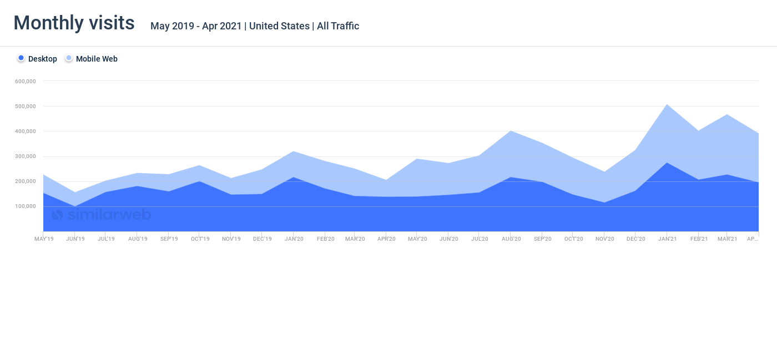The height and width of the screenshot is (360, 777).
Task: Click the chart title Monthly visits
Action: [x=74, y=23]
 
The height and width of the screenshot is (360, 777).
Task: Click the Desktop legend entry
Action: [x=37, y=59]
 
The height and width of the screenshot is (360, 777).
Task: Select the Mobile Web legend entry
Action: [x=91, y=59]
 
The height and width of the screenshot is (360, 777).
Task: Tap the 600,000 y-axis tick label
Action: [x=26, y=82]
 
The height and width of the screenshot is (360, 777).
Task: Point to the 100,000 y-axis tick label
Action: [x=26, y=206]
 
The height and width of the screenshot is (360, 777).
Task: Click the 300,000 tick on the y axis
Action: [x=26, y=156]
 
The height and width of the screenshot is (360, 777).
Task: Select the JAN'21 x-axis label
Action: [x=667, y=239]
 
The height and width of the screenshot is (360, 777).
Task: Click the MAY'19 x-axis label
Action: [x=44, y=239]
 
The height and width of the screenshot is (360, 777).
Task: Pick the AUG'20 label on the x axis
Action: [x=511, y=239]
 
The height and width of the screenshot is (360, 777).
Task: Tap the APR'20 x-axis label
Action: [x=386, y=239]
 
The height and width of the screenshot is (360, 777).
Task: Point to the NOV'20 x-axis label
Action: [x=605, y=239]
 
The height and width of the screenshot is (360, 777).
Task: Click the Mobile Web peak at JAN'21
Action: [x=667, y=104]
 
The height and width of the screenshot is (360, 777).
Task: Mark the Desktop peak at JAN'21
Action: [x=667, y=163]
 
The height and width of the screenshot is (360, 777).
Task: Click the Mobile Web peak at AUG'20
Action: [x=511, y=131]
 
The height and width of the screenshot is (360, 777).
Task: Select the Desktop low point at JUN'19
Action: [x=74, y=206]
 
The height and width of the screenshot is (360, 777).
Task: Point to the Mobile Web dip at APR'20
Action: [x=386, y=180]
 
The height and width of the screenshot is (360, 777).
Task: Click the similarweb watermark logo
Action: [x=101, y=215]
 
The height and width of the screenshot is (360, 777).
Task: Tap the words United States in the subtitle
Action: [x=279, y=26]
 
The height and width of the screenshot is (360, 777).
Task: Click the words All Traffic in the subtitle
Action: [x=338, y=26]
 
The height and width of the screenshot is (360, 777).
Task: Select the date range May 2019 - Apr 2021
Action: [x=196, y=26]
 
